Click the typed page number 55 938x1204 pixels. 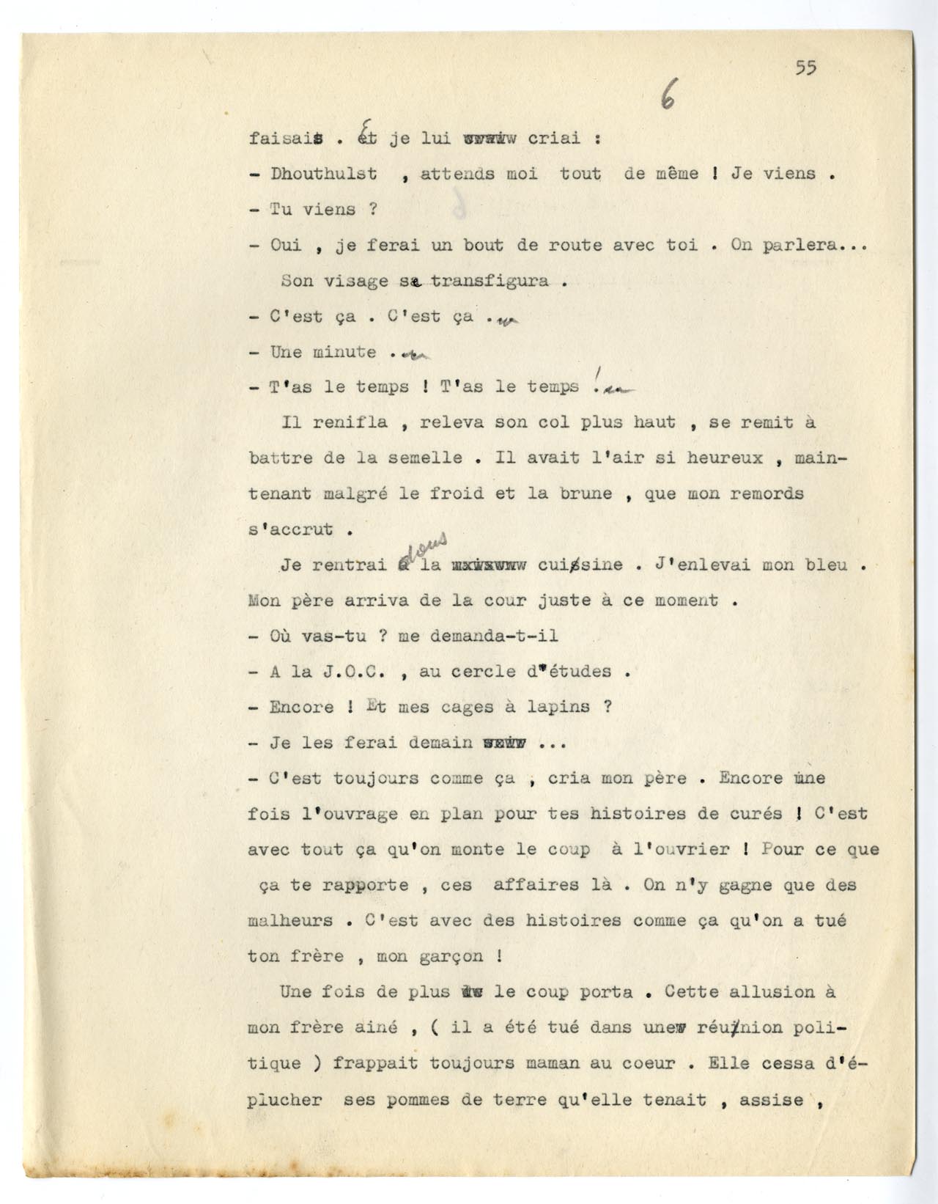coord(805,68)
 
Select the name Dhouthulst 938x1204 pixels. coord(323,174)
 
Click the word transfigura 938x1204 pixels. coord(489,282)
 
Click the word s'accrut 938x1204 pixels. coord(290,529)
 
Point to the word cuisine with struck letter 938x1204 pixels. coord(591,565)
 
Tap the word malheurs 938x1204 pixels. coord(290,921)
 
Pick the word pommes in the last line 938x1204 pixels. coord(413,1099)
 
